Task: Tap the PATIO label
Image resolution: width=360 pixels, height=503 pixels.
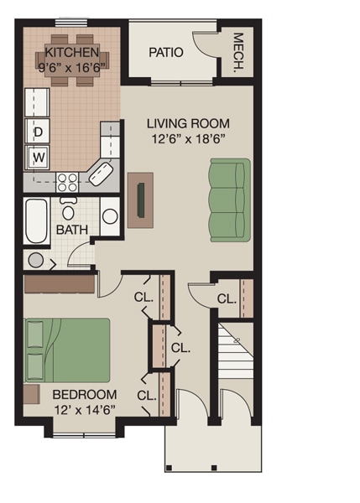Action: coord(166,53)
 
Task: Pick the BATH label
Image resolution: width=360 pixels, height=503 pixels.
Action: coord(71,230)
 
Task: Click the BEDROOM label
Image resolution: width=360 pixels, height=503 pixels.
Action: coord(84,394)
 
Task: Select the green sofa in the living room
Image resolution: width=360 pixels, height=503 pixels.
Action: coord(230,200)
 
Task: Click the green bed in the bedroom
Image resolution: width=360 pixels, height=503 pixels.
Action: coord(67,350)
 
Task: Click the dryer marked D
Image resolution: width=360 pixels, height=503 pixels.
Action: coord(39,131)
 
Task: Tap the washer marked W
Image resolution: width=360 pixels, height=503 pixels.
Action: coord(39,156)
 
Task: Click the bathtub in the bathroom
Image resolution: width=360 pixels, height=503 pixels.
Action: coord(36,220)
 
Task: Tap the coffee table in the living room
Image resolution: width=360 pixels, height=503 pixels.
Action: coord(142,200)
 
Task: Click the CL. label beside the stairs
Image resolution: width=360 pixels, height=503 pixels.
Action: coord(226,298)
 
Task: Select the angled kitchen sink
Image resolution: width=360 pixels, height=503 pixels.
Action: coord(100,175)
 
